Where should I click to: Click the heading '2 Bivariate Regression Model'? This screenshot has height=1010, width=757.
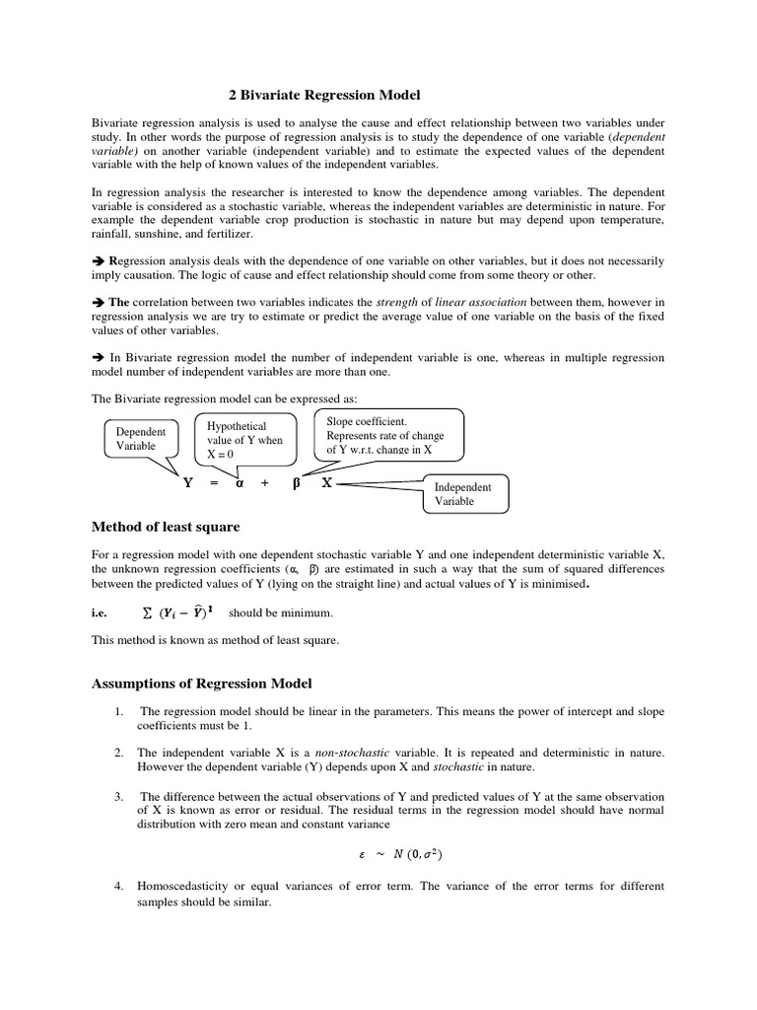pyautogui.click(x=324, y=95)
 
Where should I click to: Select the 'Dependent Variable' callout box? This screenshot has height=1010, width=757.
pyautogui.click(x=141, y=439)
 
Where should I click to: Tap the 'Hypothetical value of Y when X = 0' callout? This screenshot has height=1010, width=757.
pyautogui.click(x=243, y=440)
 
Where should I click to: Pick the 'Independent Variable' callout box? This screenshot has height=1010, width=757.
pyautogui.click(x=465, y=494)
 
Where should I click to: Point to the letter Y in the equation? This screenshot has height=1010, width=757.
pyautogui.click(x=186, y=483)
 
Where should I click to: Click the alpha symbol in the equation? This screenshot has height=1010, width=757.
pyautogui.click(x=239, y=484)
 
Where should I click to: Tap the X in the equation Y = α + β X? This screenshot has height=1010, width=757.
pyautogui.click(x=326, y=483)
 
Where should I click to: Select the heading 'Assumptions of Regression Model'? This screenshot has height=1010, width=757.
pyautogui.click(x=202, y=683)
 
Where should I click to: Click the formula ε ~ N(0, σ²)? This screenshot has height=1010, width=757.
pyautogui.click(x=399, y=855)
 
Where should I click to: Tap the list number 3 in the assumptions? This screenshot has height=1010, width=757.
pyautogui.click(x=117, y=795)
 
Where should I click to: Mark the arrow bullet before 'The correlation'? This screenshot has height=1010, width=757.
pyautogui.click(x=98, y=302)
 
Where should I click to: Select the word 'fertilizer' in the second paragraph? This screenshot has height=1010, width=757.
pyautogui.click(x=228, y=234)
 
